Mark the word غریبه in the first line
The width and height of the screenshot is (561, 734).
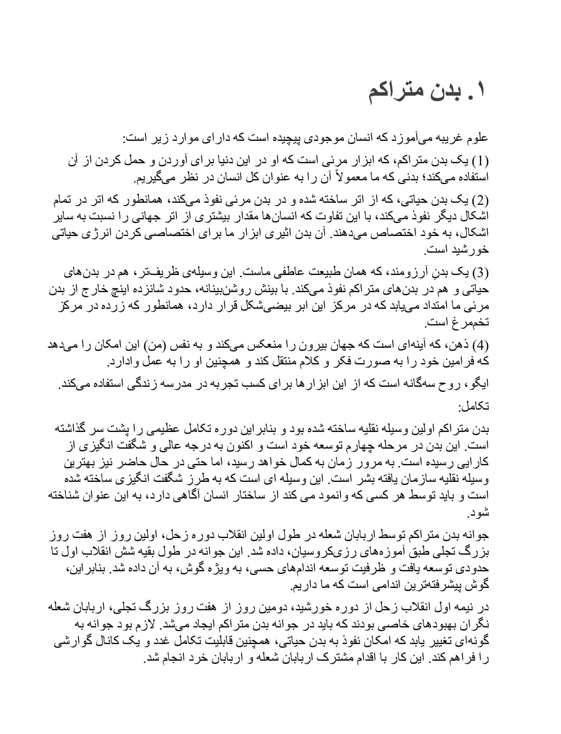[436, 138]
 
